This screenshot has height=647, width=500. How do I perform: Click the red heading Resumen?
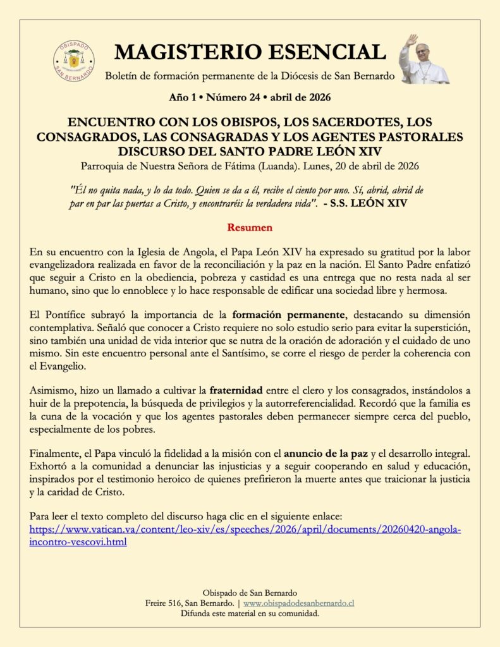[x=250, y=226]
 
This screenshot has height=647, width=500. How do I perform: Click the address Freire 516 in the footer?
[x=167, y=603]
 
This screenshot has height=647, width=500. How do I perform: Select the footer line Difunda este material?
[x=250, y=613]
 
